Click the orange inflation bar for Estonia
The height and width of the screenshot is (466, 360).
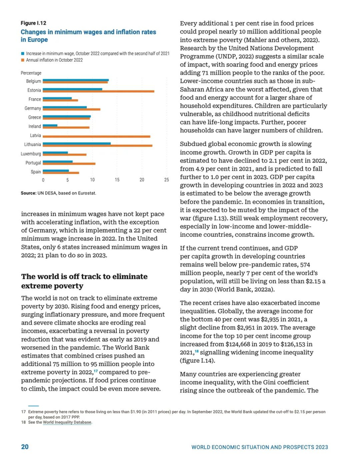point(98,91)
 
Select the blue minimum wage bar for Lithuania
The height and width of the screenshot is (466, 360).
point(77,144)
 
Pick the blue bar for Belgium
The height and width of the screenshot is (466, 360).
point(76,80)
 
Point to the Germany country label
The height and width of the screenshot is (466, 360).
point(33,109)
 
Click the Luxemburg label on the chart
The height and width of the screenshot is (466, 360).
point(31,153)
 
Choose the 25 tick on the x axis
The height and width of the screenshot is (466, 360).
point(166,180)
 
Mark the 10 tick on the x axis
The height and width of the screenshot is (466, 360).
point(92,180)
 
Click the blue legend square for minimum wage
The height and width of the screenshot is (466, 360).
point(23,53)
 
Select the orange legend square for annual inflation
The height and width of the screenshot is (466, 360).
point(23,60)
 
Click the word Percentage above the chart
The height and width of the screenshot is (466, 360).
point(31,73)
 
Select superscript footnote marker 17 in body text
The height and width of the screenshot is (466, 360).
point(95,370)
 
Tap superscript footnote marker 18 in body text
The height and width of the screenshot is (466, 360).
point(196,351)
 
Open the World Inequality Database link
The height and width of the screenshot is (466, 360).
point(67,422)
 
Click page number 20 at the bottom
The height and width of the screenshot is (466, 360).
point(25,446)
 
